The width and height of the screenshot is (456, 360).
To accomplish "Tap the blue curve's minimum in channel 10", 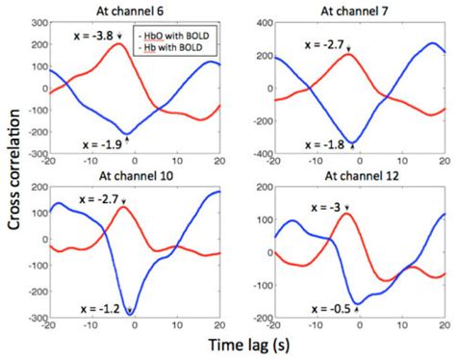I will tap(130, 312).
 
